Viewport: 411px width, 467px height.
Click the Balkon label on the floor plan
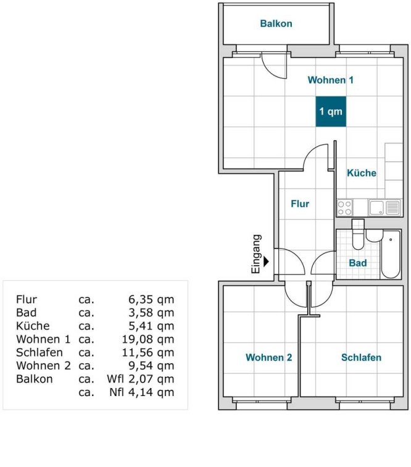276,23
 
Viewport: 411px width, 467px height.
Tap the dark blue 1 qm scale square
331,112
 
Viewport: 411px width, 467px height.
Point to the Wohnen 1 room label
331,80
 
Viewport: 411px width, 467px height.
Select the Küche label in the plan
362,173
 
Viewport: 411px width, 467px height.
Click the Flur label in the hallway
300,204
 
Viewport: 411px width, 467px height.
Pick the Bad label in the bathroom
358,263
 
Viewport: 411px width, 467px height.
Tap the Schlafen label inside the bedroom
361,357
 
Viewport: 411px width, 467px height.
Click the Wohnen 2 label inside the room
268,357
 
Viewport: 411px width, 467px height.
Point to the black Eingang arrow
266,262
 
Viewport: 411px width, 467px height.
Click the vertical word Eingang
257,254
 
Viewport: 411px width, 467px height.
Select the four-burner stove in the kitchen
345,207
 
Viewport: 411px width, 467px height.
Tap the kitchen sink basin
376,207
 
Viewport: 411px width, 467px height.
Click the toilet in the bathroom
358,234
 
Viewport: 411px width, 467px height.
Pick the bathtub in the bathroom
391,254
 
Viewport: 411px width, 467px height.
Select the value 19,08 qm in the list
148,339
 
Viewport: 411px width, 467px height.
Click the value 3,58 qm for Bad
151,313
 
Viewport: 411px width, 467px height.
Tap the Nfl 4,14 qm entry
142,392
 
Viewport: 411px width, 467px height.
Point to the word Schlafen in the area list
39,352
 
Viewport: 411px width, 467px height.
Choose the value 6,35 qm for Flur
151,299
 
